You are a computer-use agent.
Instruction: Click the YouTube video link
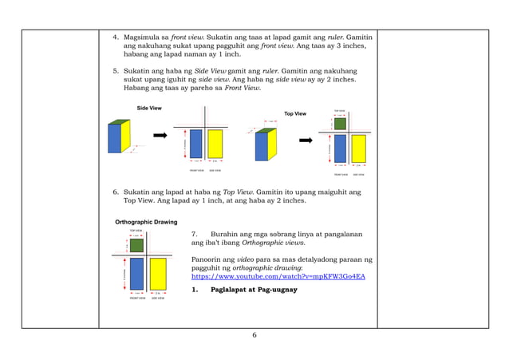point(278,276)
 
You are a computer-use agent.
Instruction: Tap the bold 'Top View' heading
point(295,114)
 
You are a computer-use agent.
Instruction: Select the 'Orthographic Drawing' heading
point(146,221)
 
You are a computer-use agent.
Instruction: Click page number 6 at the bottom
point(254,334)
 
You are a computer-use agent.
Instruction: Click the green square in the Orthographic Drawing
point(136,245)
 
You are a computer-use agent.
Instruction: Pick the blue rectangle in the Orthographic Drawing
point(136,274)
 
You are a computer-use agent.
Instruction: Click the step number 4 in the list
point(115,38)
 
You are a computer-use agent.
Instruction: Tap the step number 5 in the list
point(115,71)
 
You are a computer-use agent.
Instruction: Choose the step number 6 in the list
point(115,192)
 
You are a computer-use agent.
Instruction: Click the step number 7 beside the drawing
point(195,234)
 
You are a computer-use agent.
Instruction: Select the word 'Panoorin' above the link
point(209,259)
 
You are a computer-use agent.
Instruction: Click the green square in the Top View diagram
point(340,123)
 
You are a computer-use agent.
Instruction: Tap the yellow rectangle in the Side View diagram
point(215,144)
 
